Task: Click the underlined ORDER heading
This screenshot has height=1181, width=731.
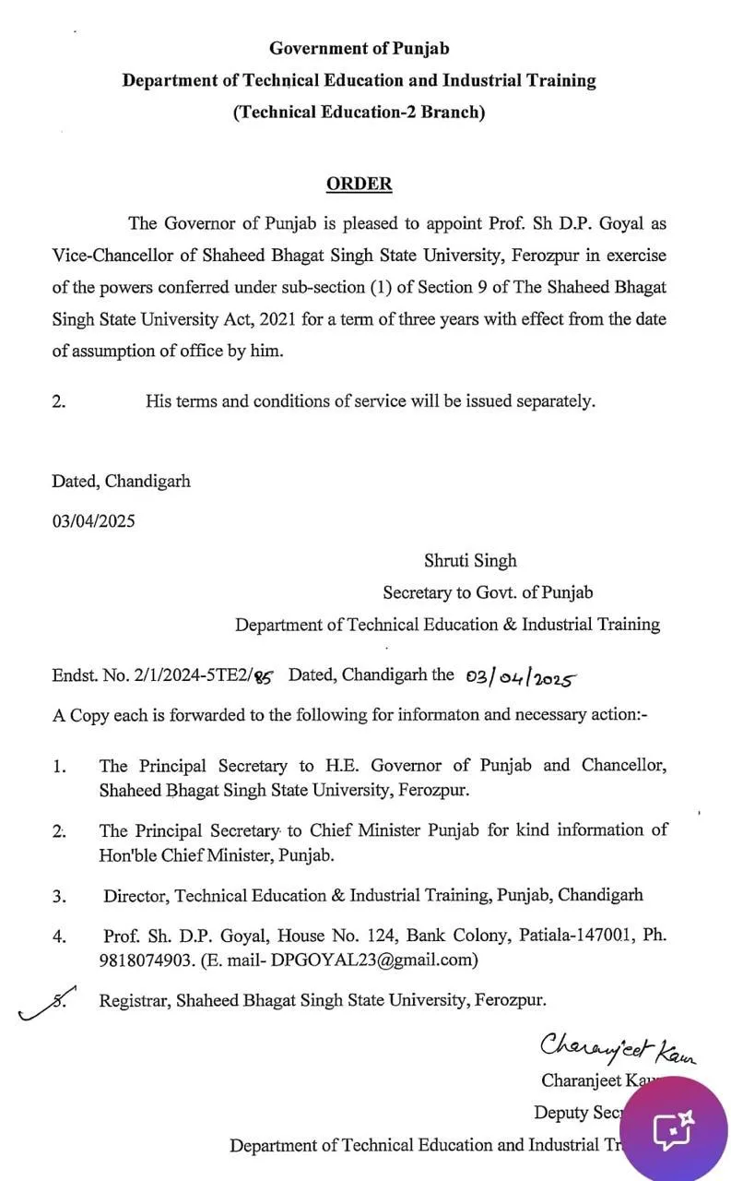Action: point(359,184)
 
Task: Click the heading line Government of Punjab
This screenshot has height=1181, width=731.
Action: point(359,48)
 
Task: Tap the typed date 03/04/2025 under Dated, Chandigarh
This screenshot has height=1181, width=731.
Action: point(93,520)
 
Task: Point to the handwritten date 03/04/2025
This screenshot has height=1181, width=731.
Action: point(521,678)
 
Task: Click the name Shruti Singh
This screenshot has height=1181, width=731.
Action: point(470,560)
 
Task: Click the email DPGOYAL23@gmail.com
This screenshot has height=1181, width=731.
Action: point(373,960)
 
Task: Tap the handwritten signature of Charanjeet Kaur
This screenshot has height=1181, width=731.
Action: point(617,1048)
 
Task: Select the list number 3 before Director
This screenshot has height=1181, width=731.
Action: point(59,896)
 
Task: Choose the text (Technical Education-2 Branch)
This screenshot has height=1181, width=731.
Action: point(359,113)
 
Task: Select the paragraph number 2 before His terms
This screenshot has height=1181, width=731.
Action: point(58,401)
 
